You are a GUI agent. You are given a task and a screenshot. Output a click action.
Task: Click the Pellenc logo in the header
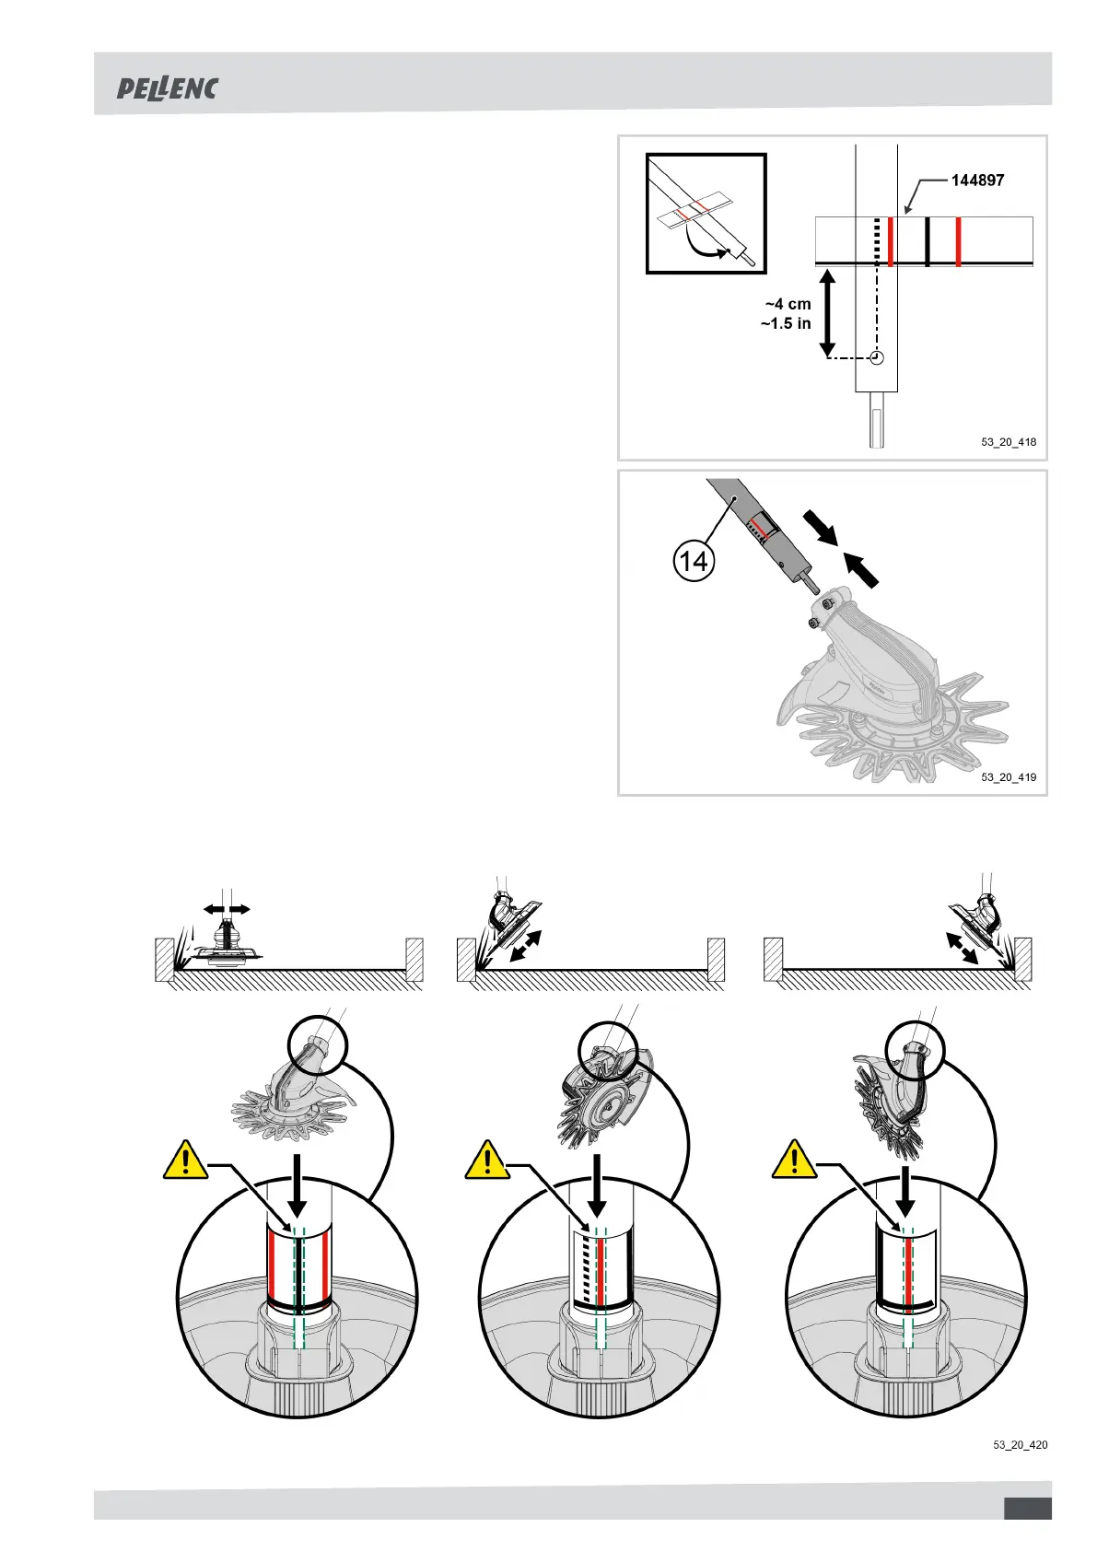coord(167,89)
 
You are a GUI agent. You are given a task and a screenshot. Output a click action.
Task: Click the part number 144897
coord(977,181)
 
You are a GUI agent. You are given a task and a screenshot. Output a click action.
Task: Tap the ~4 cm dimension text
coord(788,304)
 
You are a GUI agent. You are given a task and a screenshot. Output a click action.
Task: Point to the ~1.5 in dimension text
coord(786,323)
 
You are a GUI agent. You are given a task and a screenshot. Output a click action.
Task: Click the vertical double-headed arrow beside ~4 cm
coord(827,312)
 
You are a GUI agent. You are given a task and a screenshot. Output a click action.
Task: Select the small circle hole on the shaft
coord(877,357)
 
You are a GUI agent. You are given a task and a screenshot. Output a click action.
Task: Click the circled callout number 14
coord(694,560)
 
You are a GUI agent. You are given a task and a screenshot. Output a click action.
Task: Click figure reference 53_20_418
coord(1009,442)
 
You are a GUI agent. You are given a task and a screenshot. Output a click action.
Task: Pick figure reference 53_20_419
coord(1009,777)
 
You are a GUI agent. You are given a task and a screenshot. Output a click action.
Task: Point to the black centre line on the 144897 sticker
coord(927,241)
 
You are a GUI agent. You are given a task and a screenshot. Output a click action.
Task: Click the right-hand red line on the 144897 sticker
coord(958,241)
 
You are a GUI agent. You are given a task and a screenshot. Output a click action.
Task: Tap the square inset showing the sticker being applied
coord(706,214)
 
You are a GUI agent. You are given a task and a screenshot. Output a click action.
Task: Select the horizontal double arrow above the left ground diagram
coord(227,909)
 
